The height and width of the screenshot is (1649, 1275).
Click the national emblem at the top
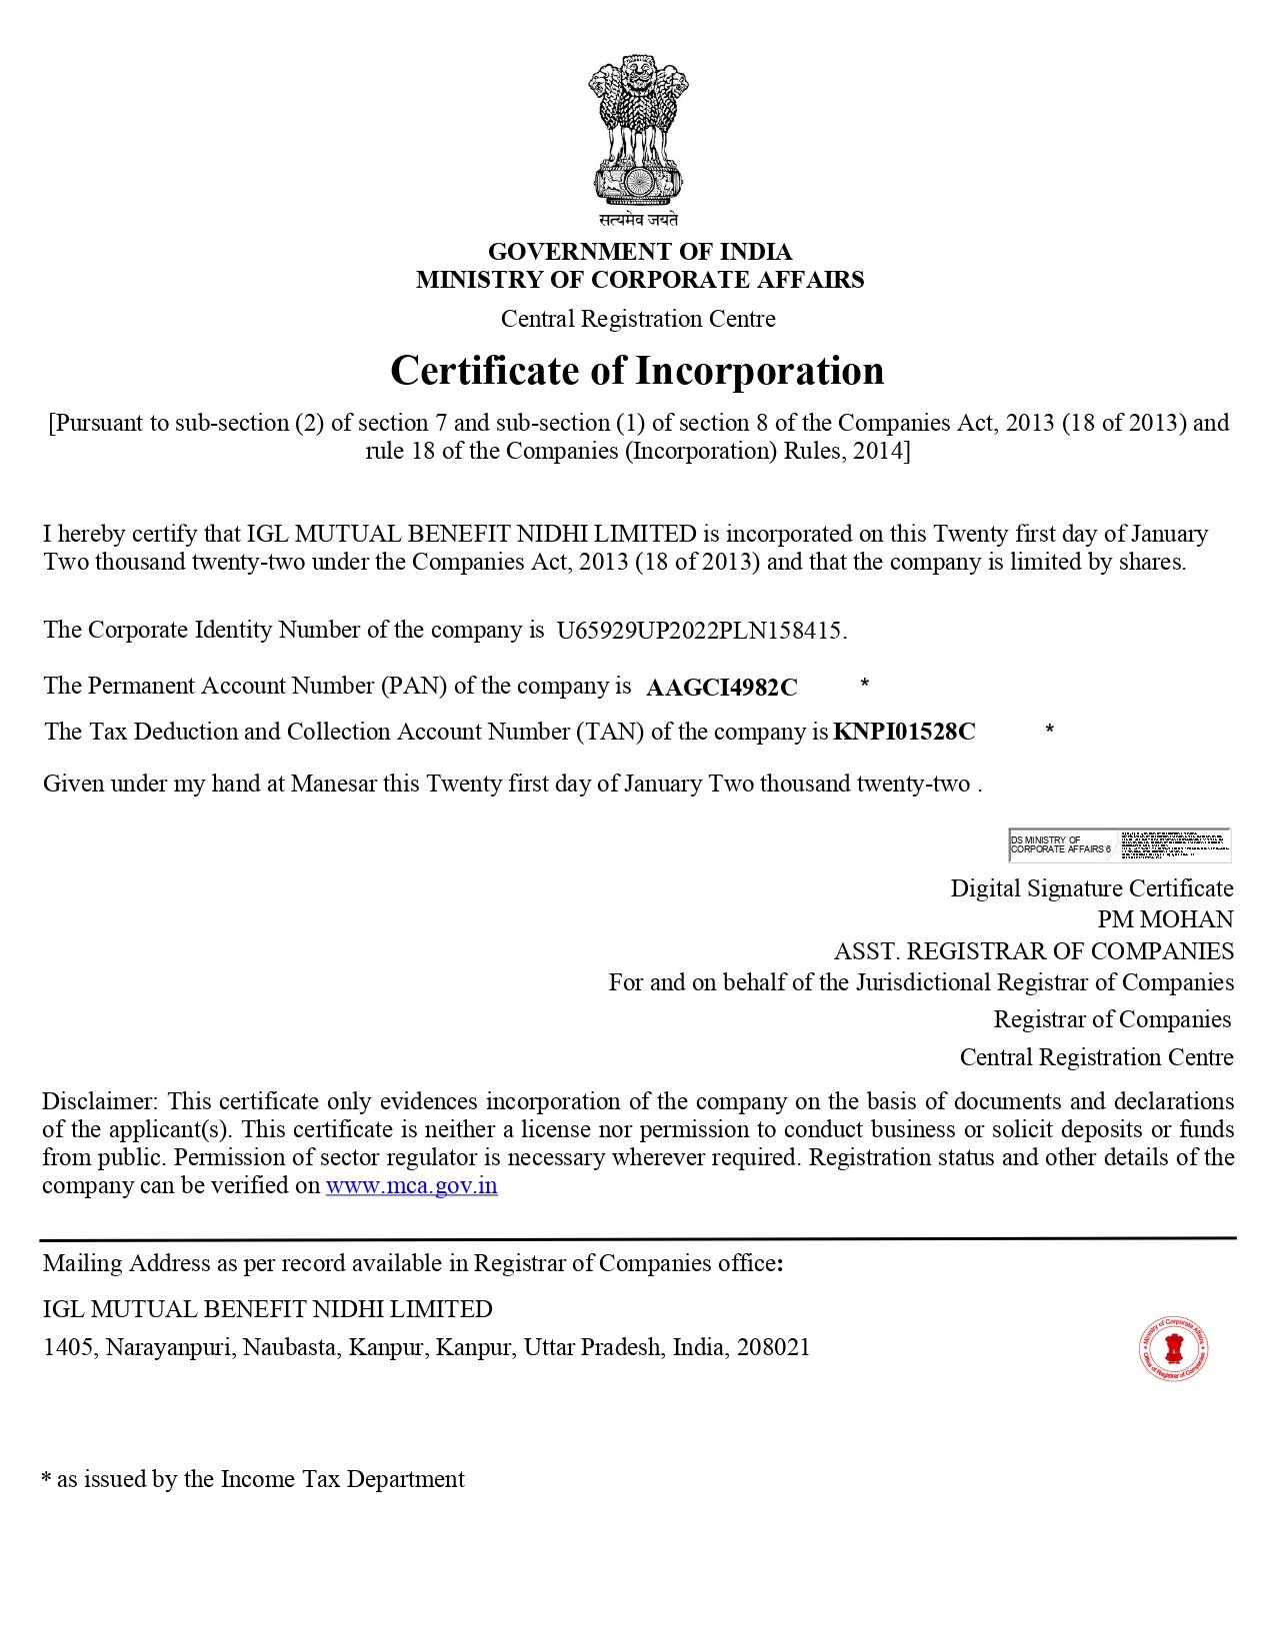(638, 130)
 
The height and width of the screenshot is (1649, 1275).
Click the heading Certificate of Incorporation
(637, 371)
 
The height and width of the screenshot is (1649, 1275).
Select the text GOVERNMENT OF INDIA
(639, 251)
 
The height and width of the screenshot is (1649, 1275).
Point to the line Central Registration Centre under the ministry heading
(638, 319)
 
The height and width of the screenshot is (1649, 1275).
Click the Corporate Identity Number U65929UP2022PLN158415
(701, 631)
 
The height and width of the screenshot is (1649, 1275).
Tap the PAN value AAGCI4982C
(722, 688)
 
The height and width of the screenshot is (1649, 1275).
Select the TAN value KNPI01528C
(904, 732)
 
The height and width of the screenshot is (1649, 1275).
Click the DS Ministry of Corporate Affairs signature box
(1119, 845)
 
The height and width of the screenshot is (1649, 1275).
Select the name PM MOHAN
(1165, 919)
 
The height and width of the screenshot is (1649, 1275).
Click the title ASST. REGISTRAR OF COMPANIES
(1034, 950)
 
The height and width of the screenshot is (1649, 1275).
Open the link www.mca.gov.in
(411, 1186)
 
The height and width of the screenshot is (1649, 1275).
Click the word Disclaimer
(98, 1101)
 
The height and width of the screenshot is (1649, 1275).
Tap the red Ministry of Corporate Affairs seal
(1174, 1349)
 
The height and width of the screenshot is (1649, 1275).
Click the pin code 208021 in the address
(773, 1347)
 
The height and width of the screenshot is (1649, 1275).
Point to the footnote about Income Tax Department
(253, 1479)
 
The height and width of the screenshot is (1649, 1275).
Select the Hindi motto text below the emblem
(638, 219)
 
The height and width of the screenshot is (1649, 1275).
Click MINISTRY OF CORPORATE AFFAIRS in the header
(640, 280)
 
